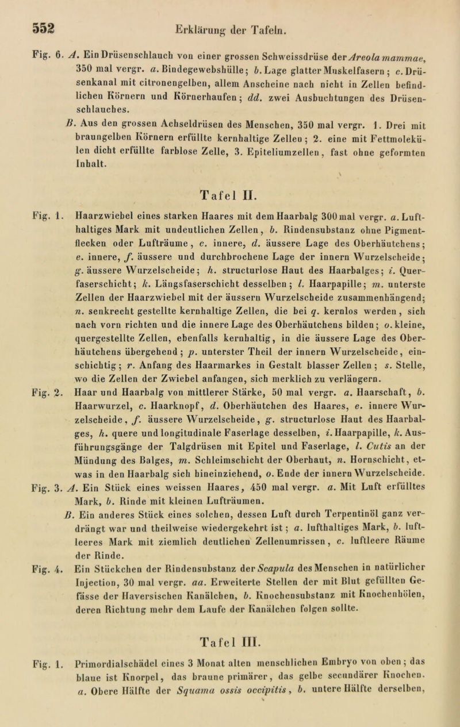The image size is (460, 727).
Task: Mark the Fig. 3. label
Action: (x=21, y=520)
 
